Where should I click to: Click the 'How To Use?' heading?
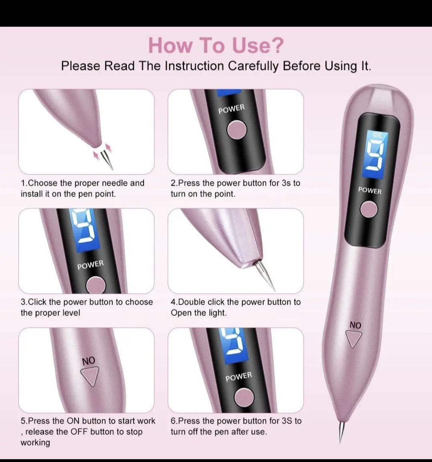click(216, 45)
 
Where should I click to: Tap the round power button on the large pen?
click(369, 209)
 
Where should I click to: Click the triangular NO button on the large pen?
click(354, 339)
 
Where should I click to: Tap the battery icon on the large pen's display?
click(377, 135)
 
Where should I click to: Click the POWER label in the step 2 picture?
click(232, 109)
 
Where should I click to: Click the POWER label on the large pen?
click(370, 191)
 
